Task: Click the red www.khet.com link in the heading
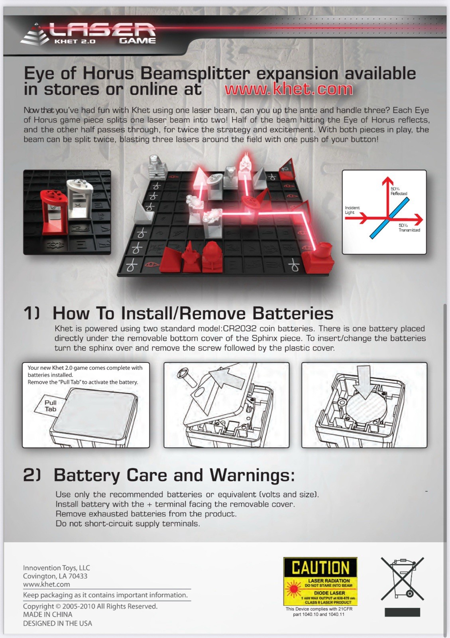tap(289, 89)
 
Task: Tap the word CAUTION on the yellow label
tap(320, 567)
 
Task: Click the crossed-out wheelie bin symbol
tap(402, 579)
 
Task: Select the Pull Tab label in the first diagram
tap(50, 406)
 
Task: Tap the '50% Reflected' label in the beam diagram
tap(399, 191)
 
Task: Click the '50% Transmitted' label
tap(409, 228)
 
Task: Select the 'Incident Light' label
tap(352, 210)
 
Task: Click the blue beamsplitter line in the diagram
tap(389, 218)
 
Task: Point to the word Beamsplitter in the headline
tap(195, 73)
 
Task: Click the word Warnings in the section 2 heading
tap(252, 475)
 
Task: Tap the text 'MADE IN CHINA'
tap(47, 614)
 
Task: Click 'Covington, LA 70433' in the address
tap(55, 576)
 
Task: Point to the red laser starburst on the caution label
tap(293, 589)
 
